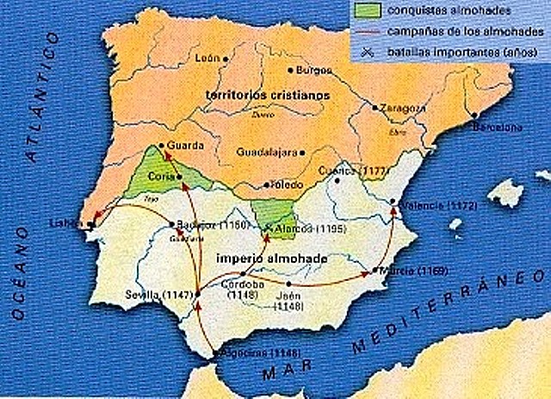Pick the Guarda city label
(184, 146)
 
